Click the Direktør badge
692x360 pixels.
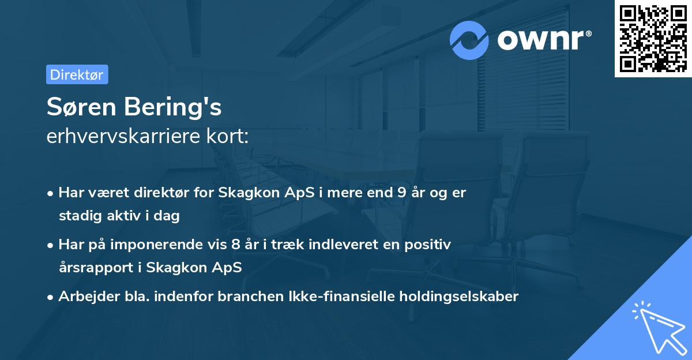(77, 74)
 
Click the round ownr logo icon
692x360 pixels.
(469, 40)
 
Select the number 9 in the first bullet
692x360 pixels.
(401, 193)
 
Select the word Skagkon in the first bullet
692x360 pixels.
(245, 193)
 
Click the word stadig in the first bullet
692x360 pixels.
(80, 216)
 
